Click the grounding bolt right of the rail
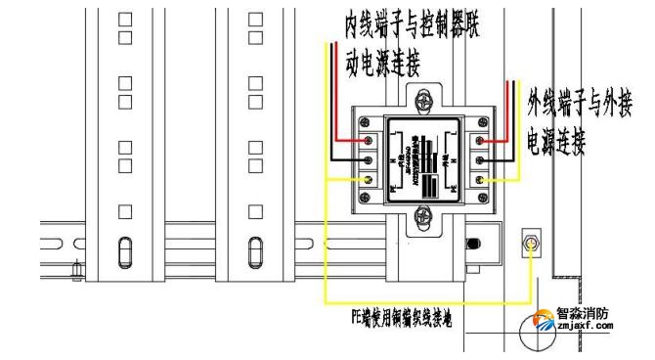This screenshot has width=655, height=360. tap(531, 244)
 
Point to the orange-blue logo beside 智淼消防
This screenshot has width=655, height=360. tap(540, 322)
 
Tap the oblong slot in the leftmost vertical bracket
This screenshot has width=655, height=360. tap(124, 250)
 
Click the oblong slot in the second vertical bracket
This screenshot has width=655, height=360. tap(253, 250)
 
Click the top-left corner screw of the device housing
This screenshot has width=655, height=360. tap(366, 121)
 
